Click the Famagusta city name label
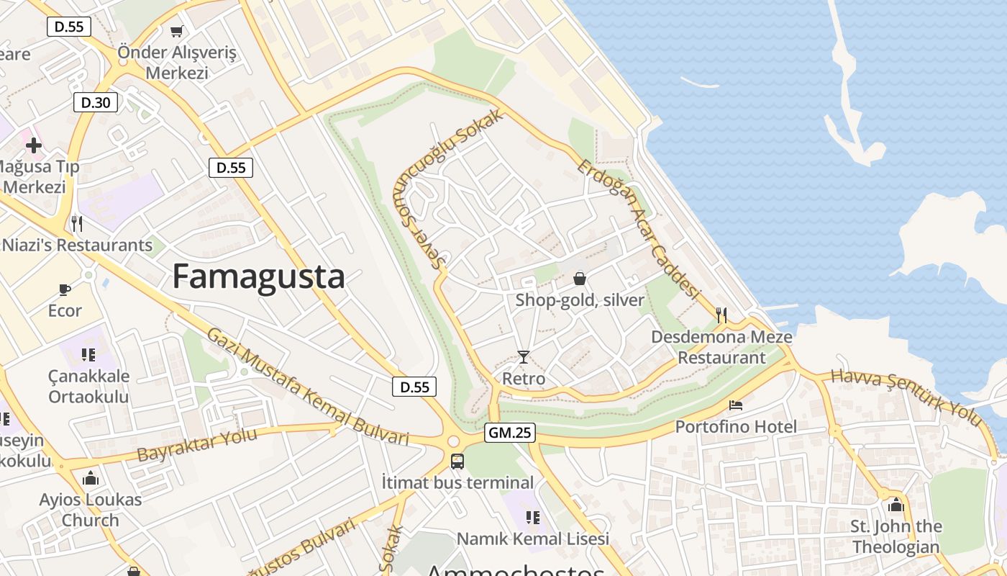pyautogui.click(x=258, y=276)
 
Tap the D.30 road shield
pyautogui.click(x=96, y=102)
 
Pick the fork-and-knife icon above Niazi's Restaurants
pyautogui.click(x=77, y=223)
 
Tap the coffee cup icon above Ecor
pyautogui.click(x=65, y=289)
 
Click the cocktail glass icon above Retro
pyautogui.click(x=523, y=356)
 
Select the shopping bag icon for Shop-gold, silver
pyautogui.click(x=580, y=279)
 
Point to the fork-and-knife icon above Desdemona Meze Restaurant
pyautogui.click(x=722, y=315)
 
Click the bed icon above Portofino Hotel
pyautogui.click(x=736, y=405)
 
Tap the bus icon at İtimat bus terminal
pyautogui.click(x=457, y=461)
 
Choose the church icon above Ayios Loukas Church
pyautogui.click(x=91, y=477)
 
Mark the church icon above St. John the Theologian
pyautogui.click(x=896, y=505)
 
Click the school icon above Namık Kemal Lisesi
pyautogui.click(x=533, y=517)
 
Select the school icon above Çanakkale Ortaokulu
pyautogui.click(x=88, y=354)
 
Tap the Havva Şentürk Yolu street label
pyautogui.click(x=906, y=397)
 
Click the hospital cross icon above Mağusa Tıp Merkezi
pyautogui.click(x=33, y=145)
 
